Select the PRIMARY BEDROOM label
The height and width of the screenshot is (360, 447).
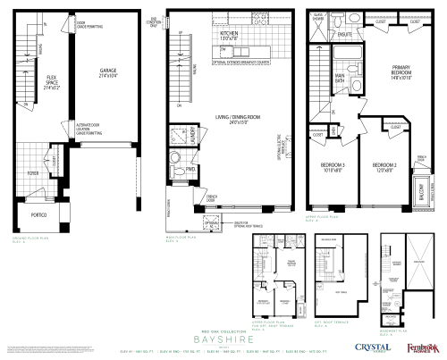click(400, 73)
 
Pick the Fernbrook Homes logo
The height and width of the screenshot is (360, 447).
click(419, 347)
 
